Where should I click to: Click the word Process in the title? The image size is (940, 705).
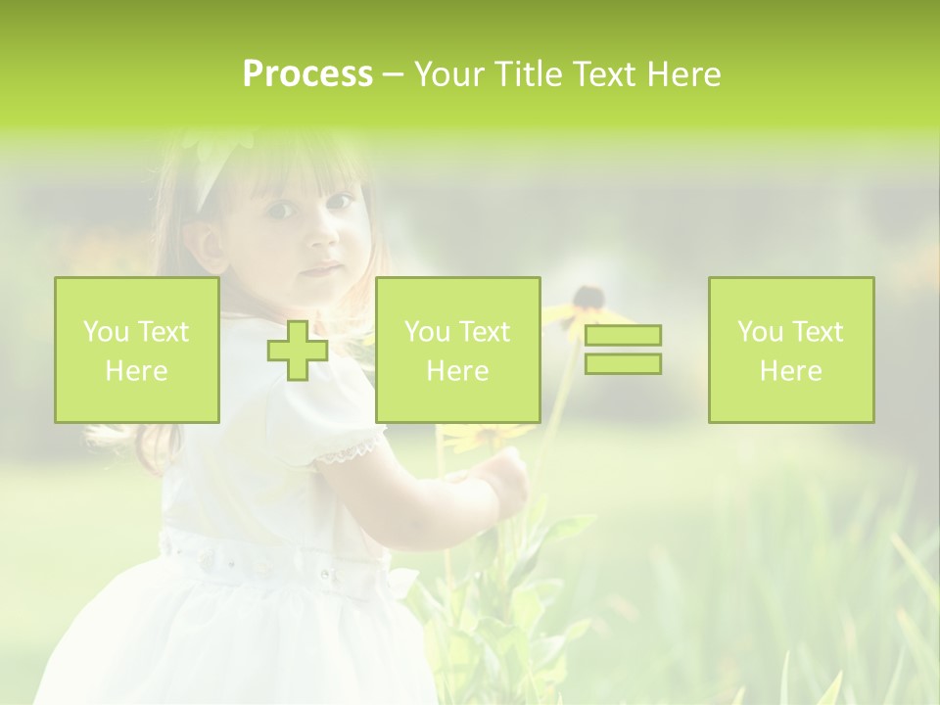pyautogui.click(x=307, y=74)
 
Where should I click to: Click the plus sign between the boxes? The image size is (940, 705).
pyautogui.click(x=298, y=350)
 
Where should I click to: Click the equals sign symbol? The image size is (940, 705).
pyautogui.click(x=623, y=350)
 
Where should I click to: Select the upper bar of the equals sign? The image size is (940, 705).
pyautogui.click(x=623, y=336)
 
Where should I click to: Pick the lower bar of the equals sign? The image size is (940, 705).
pyautogui.click(x=623, y=363)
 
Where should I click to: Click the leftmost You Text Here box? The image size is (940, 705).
pyautogui.click(x=137, y=350)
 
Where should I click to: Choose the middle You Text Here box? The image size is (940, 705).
pyautogui.click(x=458, y=350)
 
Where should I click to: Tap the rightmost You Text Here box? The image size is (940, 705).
pyautogui.click(x=791, y=350)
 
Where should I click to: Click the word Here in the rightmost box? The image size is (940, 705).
pyautogui.click(x=791, y=370)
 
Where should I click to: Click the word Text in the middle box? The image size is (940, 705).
pyautogui.click(x=485, y=331)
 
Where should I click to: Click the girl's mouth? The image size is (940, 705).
pyautogui.click(x=323, y=269)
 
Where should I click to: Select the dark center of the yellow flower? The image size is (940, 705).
pyautogui.click(x=587, y=297)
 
